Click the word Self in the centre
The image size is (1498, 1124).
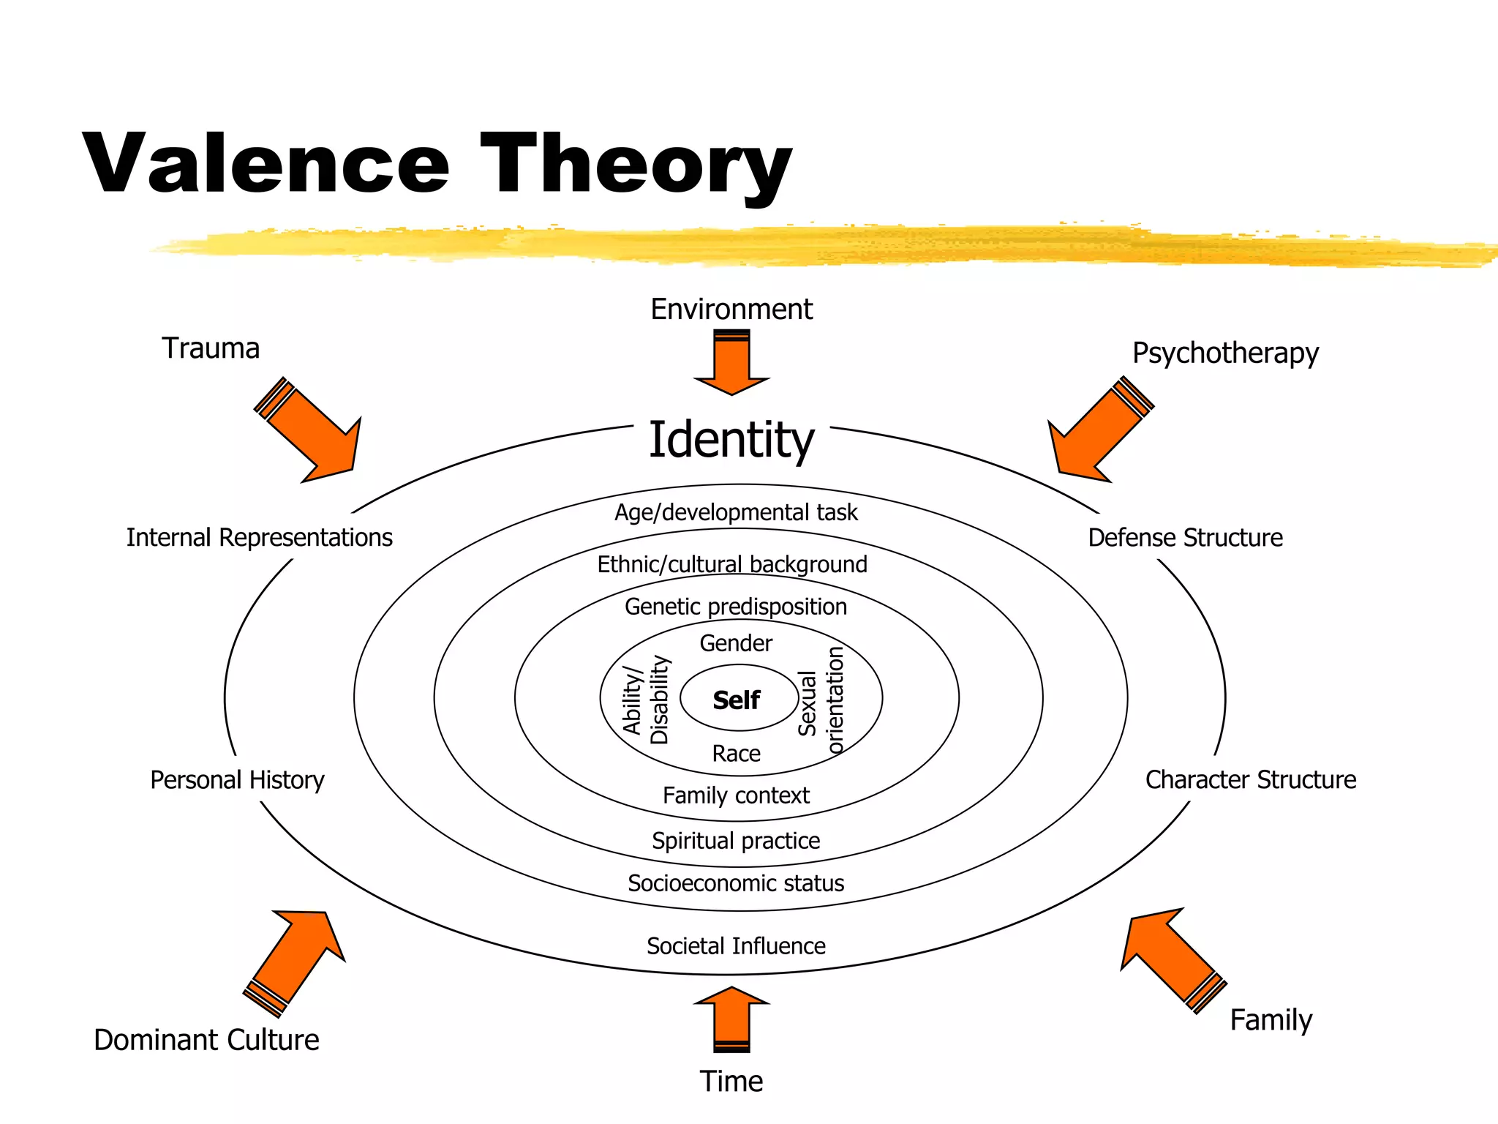[736, 700]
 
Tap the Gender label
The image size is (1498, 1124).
[736, 643]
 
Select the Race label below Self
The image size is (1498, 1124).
[736, 754]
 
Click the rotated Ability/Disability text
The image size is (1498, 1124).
[646, 700]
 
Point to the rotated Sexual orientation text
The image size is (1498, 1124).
[821, 700]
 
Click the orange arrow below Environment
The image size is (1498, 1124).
[731, 364]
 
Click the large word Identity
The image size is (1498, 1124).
[731, 440]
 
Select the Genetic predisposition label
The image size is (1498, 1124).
[736, 607]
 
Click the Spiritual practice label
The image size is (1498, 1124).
[736, 841]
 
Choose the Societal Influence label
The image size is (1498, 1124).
[736, 946]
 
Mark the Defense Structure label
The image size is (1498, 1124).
[1185, 538]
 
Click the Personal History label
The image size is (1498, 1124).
[237, 780]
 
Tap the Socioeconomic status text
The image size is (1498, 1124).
[736, 883]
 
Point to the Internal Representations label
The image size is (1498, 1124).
[259, 538]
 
